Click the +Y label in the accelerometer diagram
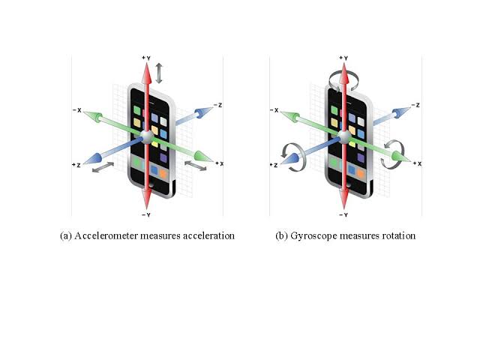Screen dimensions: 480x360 (x=146, y=58)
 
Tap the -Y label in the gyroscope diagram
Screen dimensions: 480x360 (x=343, y=215)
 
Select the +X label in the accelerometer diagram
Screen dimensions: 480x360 (x=220, y=163)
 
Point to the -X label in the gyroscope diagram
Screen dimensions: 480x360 (x=274, y=110)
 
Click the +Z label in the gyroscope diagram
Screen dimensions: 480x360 (x=274, y=165)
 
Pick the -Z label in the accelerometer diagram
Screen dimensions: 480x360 (x=218, y=105)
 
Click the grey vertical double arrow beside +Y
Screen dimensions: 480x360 (x=159, y=73)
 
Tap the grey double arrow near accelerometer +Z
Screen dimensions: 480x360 (x=103, y=167)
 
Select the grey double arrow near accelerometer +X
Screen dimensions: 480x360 (x=196, y=166)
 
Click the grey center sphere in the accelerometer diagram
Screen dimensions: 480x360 (x=147, y=136)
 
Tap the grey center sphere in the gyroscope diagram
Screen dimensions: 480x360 (x=344, y=136)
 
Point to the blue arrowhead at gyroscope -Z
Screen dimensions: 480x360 (x=402, y=112)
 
